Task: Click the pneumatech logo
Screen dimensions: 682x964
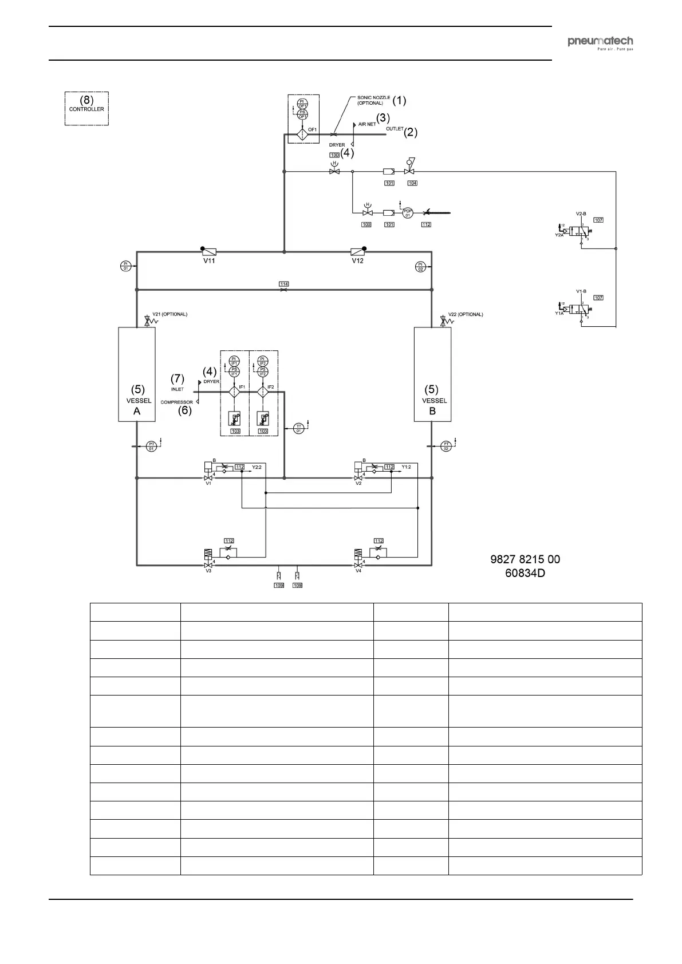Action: pos(600,42)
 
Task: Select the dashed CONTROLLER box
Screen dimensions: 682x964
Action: pos(86,108)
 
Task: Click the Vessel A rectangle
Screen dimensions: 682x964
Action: pos(137,374)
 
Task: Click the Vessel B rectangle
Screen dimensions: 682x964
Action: pos(432,374)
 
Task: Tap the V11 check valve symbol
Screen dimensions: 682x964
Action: pos(209,252)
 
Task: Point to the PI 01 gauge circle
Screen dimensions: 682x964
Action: pos(126,266)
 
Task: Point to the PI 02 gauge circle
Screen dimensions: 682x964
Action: pos(420,266)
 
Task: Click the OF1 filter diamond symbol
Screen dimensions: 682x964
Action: pos(302,135)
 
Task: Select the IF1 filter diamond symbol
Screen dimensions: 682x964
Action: pos(234,392)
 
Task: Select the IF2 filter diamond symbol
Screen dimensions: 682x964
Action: pos(263,392)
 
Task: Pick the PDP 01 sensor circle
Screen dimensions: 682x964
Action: pos(408,212)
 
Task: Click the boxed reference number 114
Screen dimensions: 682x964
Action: pos(284,284)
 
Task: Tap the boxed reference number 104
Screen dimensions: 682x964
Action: pos(412,183)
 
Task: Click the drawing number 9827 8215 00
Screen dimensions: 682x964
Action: pos(525,559)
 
